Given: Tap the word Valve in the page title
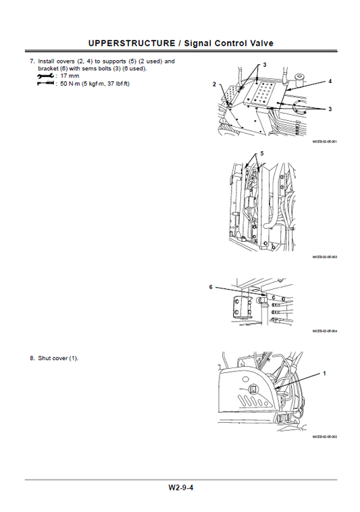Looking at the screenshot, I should [x=258, y=43].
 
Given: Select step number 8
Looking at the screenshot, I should [x=31, y=357].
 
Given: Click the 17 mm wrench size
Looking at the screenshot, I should [x=69, y=76].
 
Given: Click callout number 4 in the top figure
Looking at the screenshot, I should [x=330, y=81].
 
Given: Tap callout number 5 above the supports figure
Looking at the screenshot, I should [x=263, y=153].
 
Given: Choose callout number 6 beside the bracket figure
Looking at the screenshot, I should [x=211, y=287].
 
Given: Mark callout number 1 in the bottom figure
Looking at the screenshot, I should [x=324, y=373].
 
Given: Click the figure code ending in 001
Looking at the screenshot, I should [x=324, y=141].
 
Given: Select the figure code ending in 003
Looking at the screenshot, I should [x=324, y=257].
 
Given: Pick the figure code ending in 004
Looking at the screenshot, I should [x=324, y=331].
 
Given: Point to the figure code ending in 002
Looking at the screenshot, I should [x=324, y=437].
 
